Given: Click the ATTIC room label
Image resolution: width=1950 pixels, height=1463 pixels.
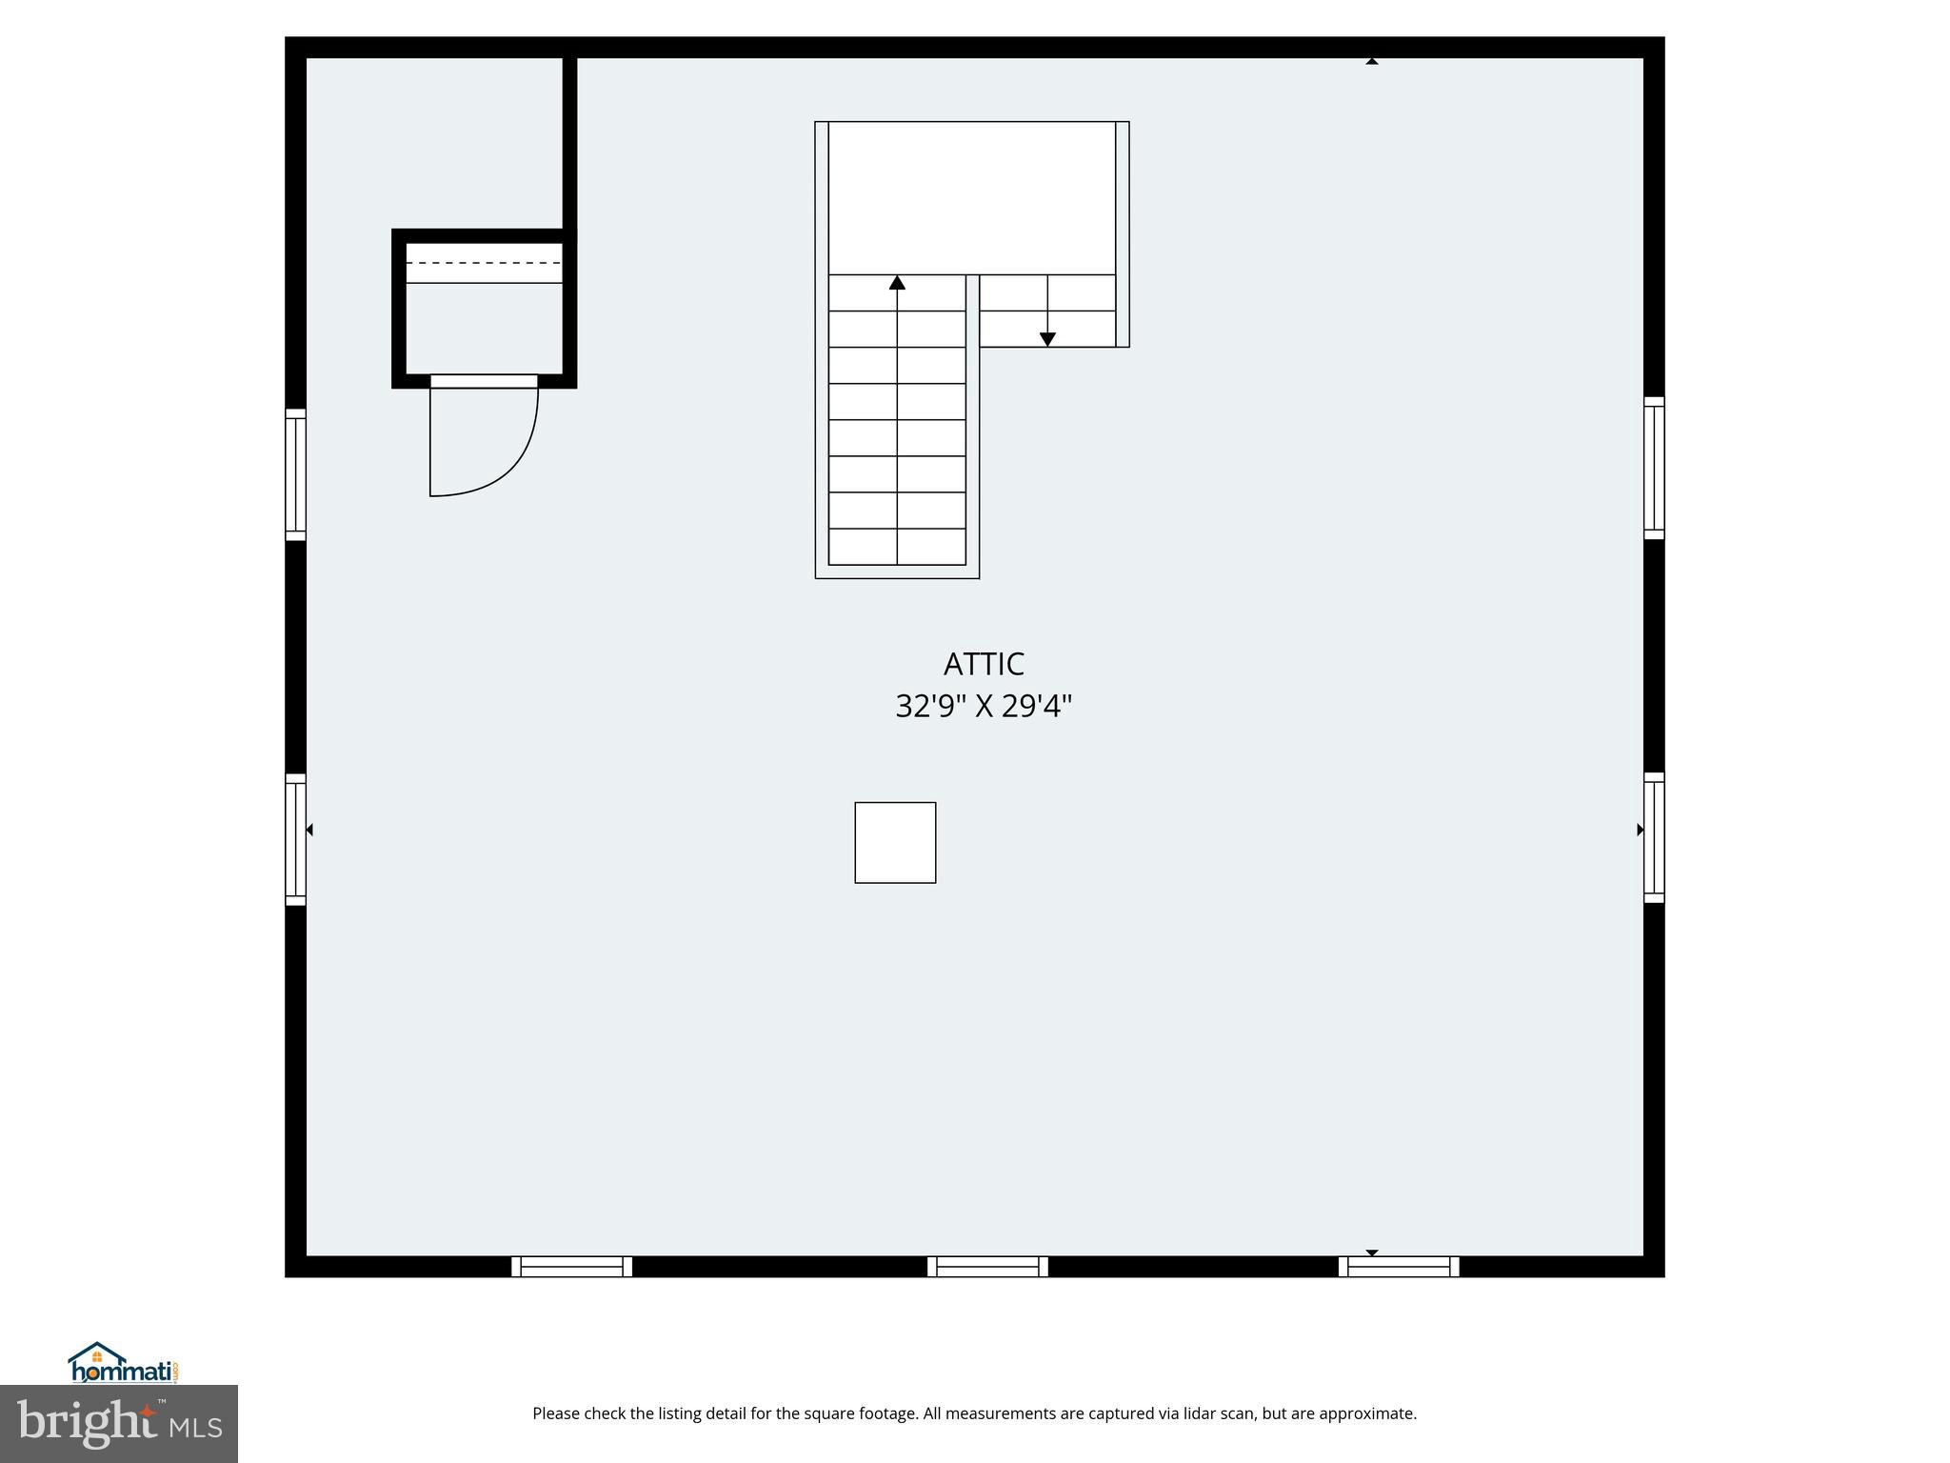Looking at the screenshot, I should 984,664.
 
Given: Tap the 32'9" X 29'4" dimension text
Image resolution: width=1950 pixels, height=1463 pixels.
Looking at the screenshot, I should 984,707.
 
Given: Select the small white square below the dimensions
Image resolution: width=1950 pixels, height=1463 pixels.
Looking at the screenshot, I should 895,843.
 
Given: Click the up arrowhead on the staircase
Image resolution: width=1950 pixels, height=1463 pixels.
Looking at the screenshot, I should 897,283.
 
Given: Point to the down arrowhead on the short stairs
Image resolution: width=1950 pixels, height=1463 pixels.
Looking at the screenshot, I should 1047,339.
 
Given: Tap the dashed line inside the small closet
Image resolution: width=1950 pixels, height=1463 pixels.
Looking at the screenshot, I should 484,263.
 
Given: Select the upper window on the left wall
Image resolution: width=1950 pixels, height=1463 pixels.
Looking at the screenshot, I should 296,474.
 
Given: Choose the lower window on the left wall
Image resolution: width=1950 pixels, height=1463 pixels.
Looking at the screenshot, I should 296,839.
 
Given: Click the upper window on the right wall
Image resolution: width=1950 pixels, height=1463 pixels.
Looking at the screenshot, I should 1654,468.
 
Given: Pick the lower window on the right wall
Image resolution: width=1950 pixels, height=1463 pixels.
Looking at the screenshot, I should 1654,837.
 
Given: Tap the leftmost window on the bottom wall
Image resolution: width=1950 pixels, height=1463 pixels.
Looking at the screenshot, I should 571,1267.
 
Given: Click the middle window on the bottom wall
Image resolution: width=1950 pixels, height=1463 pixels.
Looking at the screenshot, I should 987,1267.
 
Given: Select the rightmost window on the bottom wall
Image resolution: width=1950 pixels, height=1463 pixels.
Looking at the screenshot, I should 1399,1267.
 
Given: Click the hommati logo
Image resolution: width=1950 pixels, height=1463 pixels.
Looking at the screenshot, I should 123,1364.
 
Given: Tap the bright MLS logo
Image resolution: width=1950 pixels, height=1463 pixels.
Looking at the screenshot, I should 119,1424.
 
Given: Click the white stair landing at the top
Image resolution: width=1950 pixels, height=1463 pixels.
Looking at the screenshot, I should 971,198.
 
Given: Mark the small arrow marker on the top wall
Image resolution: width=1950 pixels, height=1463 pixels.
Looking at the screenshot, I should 1372,61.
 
